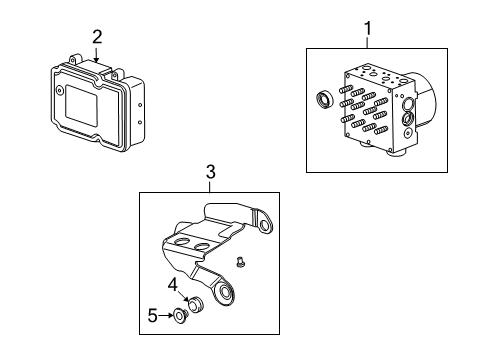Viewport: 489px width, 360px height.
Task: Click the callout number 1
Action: pos(368,30)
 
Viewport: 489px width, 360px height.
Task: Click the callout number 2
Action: pos(97,38)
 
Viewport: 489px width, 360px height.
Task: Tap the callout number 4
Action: pos(172,284)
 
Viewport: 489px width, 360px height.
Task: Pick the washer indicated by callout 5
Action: pos(178,318)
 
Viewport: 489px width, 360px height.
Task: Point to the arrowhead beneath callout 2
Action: pos(97,59)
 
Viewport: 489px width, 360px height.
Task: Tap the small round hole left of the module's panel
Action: pos(60,89)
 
